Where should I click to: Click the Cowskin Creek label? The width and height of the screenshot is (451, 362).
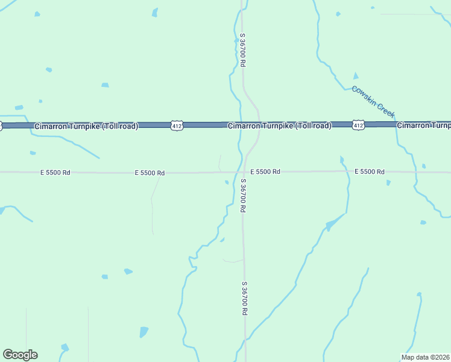(x=373, y=101)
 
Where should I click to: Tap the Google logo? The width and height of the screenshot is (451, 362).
(x=20, y=355)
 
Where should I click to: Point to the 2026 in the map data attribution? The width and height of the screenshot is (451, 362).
(x=441, y=357)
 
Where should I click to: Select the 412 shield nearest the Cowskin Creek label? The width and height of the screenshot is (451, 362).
(x=358, y=125)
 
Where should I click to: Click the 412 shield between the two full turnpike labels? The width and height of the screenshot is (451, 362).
(x=176, y=125)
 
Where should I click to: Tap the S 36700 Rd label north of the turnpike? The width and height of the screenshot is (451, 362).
(x=242, y=49)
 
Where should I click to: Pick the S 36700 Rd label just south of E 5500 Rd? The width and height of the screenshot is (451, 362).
(x=242, y=195)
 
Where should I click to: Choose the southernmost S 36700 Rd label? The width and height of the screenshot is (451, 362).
(x=244, y=298)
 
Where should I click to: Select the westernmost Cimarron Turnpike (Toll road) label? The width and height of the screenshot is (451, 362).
(x=86, y=126)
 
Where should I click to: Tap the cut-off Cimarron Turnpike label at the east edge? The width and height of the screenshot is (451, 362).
(x=423, y=125)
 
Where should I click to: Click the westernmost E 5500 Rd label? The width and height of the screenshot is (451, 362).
(x=55, y=173)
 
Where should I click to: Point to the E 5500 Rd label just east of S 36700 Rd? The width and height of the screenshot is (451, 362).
(x=265, y=172)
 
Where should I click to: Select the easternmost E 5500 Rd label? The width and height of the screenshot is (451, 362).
(x=370, y=172)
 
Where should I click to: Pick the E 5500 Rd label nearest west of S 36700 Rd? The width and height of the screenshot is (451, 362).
(x=150, y=173)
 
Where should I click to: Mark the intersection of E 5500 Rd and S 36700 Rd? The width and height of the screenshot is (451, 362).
(x=244, y=172)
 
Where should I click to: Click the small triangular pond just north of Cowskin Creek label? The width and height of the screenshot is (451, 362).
(x=355, y=76)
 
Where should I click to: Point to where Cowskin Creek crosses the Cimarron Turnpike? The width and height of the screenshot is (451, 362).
(x=396, y=124)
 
